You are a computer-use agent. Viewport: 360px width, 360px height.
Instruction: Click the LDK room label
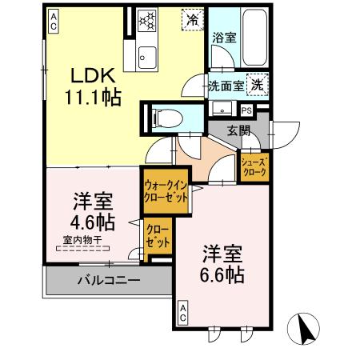tap(94, 75)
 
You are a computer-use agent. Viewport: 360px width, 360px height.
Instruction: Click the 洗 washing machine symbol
tap(258, 83)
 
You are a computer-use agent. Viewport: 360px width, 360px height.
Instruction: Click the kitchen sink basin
tap(148, 56)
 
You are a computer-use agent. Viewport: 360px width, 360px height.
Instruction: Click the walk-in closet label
tap(166, 190)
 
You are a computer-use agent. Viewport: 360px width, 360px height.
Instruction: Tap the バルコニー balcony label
tap(109, 281)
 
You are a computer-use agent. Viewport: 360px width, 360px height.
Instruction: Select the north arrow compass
tap(304, 329)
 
